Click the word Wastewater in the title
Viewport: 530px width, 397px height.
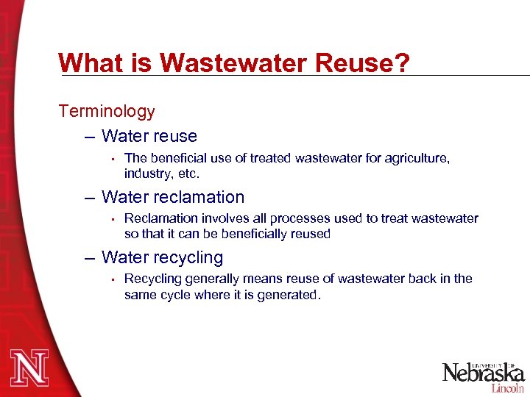click(x=233, y=62)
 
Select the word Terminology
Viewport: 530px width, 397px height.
click(x=107, y=112)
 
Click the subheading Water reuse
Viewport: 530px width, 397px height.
click(x=149, y=136)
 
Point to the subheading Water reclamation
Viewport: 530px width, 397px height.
click(x=173, y=197)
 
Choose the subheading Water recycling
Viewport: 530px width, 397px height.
click(x=162, y=257)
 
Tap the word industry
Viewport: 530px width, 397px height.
click(x=147, y=174)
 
